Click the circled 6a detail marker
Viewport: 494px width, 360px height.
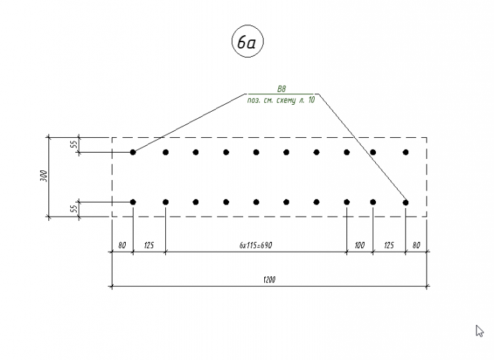point(247,41)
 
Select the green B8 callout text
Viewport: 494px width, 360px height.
point(281,89)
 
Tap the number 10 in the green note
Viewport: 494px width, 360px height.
point(311,100)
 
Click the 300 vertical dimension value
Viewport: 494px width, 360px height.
point(44,176)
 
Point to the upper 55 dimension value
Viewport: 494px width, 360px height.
point(73,145)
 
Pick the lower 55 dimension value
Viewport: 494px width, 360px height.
point(73,209)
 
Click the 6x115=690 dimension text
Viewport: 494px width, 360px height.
point(256,245)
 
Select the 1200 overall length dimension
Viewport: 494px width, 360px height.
point(269,280)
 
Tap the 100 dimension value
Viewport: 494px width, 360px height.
point(360,245)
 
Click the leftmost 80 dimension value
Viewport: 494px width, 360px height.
point(122,245)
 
